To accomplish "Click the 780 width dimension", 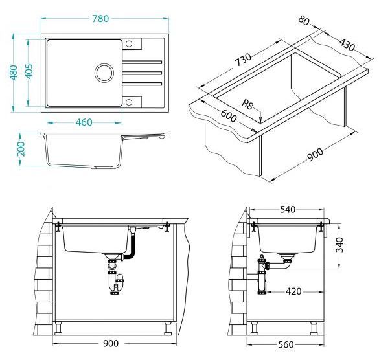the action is point(100,19).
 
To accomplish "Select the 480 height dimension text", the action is point(14,73).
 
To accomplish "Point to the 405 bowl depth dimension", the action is point(29,71).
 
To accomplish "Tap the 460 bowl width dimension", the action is point(84,122).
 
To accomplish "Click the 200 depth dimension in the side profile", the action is point(21,149).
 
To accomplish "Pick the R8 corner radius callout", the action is point(247,104).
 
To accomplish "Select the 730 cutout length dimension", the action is point(244,60).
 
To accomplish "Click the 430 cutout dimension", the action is point(347,45).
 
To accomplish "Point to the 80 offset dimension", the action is point(304,20).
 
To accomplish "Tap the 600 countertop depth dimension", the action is point(229,116).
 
